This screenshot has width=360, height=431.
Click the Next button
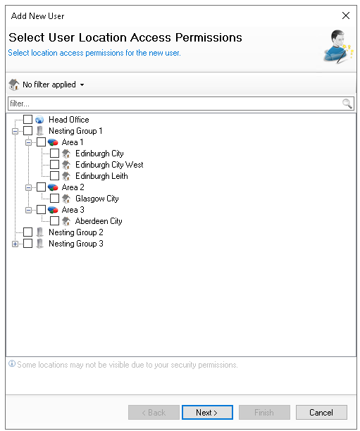click(x=207, y=412)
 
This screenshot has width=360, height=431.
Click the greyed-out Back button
click(x=154, y=412)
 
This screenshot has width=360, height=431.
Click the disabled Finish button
click(x=264, y=412)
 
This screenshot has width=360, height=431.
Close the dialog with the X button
click(x=346, y=15)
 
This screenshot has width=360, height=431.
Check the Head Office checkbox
click(x=27, y=120)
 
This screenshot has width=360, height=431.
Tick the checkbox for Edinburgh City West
click(x=54, y=165)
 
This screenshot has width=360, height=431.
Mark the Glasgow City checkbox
click(x=54, y=199)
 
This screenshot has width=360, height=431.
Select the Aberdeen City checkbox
click(x=54, y=221)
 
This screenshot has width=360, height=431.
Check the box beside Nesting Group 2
click(x=27, y=232)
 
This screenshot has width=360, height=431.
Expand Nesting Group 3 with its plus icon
click(x=15, y=244)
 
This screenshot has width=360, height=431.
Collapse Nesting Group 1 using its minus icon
click(x=15, y=131)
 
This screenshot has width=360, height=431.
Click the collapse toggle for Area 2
click(x=28, y=187)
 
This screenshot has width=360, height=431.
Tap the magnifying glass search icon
click(x=347, y=104)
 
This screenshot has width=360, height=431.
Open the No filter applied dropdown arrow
click(x=82, y=85)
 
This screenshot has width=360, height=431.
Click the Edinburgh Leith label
click(x=101, y=176)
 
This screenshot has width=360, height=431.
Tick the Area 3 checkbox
click(x=42, y=210)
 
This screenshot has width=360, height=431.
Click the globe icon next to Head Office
click(x=39, y=120)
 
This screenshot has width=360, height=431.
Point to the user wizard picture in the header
click(x=338, y=46)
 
